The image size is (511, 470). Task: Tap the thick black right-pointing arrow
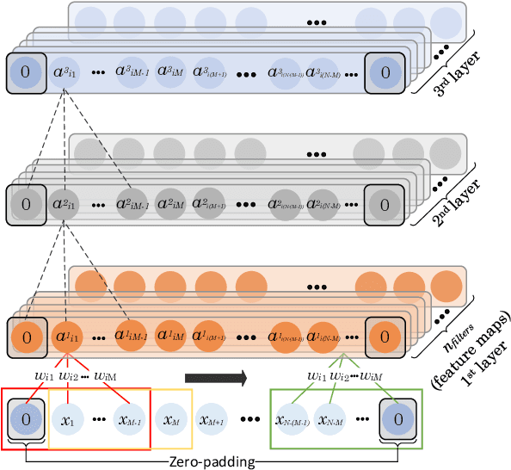214,377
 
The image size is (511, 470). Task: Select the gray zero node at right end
385,203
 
